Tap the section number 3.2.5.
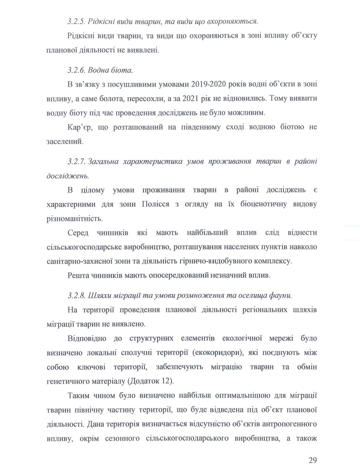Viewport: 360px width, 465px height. point(76,21)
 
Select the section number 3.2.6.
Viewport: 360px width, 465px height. point(76,70)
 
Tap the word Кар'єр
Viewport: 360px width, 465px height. point(77,127)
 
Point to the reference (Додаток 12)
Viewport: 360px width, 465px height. point(151,381)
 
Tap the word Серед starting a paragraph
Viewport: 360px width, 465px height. point(78,233)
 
